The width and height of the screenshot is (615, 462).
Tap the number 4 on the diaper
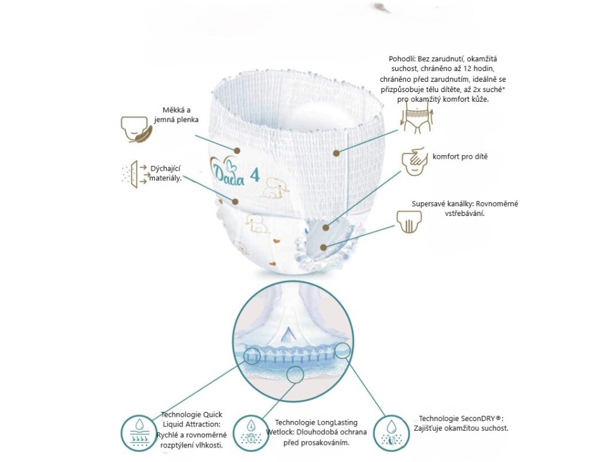pos(254,175)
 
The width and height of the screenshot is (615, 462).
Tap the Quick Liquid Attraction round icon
pos(139,433)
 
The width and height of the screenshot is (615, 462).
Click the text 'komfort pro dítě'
pos(459,158)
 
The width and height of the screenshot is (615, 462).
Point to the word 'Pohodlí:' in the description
pos(402,59)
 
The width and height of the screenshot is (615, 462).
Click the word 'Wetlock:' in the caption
pos(280,433)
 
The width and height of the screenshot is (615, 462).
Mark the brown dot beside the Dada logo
pos(238,150)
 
